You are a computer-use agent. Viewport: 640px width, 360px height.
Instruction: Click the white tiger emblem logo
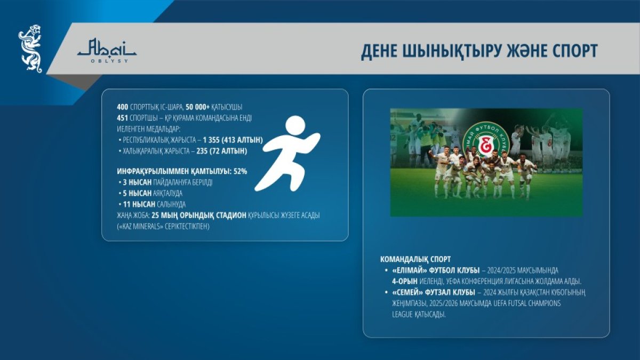tap(30, 49)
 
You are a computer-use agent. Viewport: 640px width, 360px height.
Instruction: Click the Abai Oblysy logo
tap(107, 51)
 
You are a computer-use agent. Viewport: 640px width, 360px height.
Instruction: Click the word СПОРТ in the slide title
tap(575, 51)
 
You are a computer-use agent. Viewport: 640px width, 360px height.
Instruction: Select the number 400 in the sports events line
tap(122, 107)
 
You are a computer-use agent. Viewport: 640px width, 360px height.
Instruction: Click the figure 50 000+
tap(198, 107)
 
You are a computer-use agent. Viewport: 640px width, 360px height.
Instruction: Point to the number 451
tap(122, 118)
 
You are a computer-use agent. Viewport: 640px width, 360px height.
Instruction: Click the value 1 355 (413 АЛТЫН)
tap(233, 140)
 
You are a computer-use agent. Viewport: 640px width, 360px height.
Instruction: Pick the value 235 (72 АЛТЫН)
tap(222, 151)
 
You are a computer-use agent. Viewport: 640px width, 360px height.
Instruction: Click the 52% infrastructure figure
tap(241, 171)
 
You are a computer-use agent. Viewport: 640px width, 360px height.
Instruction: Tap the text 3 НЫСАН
tap(137, 182)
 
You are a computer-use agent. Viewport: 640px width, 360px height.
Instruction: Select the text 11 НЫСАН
tap(139, 204)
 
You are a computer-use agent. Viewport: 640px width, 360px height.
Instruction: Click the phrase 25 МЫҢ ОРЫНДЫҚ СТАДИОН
tap(199, 215)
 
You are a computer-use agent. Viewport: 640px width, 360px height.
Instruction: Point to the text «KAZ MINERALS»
tap(140, 227)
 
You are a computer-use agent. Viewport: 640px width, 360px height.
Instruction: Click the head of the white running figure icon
tap(295, 126)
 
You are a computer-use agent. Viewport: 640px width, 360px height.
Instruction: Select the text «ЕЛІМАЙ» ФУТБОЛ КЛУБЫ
tap(436, 270)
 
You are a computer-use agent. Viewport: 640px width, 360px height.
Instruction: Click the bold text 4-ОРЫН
tap(405, 282)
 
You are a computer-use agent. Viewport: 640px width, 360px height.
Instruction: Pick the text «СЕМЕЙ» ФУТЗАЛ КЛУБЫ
tap(434, 293)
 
